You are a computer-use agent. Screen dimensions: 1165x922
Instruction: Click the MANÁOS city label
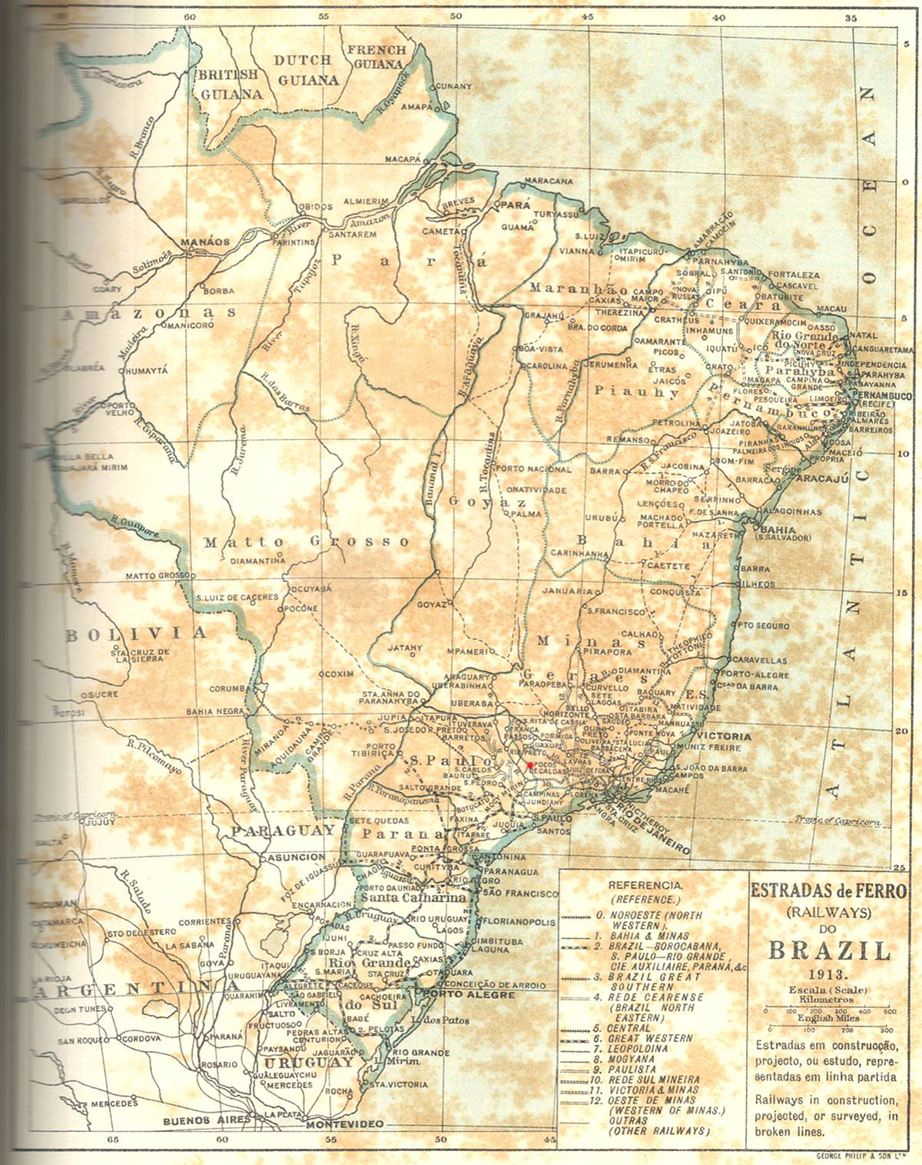click(x=204, y=241)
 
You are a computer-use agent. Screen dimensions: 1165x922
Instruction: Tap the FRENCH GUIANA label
click(x=376, y=57)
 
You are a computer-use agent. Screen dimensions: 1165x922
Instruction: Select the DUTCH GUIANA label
click(x=307, y=70)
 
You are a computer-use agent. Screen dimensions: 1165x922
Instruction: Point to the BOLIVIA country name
click(x=135, y=634)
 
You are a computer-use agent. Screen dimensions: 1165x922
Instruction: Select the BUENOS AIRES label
click(x=207, y=1121)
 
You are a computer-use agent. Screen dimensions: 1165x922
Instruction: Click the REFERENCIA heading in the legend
click(x=645, y=885)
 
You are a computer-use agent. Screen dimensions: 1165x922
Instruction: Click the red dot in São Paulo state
click(x=529, y=764)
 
